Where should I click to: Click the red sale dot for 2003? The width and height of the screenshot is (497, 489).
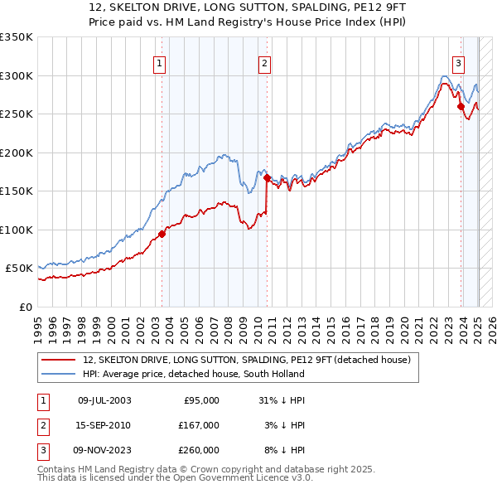click(x=162, y=234)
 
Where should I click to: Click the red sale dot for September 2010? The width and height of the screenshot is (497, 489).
click(x=267, y=177)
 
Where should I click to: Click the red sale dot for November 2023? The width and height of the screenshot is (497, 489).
click(x=461, y=105)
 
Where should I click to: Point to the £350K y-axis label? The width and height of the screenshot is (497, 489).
click(x=17, y=37)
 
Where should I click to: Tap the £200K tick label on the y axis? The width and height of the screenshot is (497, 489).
click(x=17, y=153)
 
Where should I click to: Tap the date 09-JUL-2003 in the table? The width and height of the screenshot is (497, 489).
click(x=104, y=400)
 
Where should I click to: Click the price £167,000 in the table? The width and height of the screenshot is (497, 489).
click(x=199, y=425)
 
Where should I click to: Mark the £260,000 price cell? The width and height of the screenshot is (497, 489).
click(x=199, y=450)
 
